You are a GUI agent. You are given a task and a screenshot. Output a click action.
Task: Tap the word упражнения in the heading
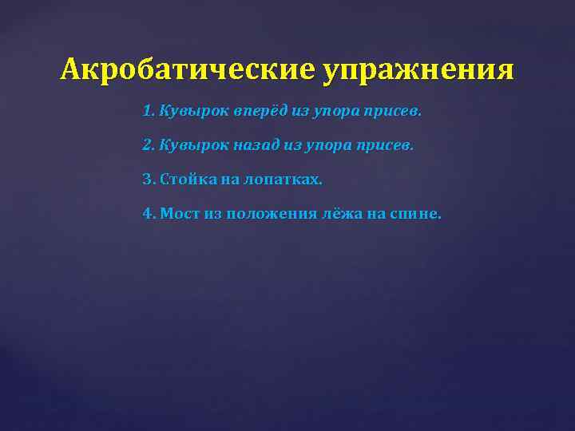(x=418, y=71)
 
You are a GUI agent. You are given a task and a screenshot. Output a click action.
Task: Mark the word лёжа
(x=345, y=213)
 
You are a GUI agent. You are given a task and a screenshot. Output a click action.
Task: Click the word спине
(x=415, y=213)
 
